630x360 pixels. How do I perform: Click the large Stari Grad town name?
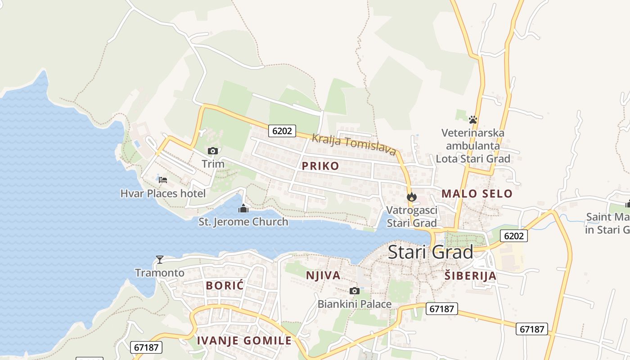coord(430,252)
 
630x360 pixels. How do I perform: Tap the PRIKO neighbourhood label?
coord(320,166)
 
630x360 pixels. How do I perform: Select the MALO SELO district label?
coord(477,194)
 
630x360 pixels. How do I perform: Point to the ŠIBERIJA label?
coord(470,276)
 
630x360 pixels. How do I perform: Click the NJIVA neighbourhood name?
coord(323,275)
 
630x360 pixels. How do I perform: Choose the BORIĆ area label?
coord(225,285)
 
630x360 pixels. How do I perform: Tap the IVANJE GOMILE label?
coord(244,341)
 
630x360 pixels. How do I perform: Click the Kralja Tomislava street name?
coord(354,144)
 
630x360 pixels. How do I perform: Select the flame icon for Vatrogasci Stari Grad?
coord(411,197)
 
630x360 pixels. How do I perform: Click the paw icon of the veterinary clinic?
coord(472,120)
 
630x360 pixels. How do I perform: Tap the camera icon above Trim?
coord(213,151)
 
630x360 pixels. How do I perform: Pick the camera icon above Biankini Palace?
coord(355,291)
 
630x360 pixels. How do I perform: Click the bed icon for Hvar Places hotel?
coord(163,180)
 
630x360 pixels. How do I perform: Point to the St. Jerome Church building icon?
coord(243,208)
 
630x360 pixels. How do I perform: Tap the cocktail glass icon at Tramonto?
coord(159,260)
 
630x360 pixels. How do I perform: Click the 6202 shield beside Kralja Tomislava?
coord(283,131)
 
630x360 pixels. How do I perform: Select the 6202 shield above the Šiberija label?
coord(513,236)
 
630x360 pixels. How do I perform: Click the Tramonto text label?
coord(160,273)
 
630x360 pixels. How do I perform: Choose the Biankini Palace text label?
coord(355,304)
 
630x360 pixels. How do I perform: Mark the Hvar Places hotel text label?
coord(163,193)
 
